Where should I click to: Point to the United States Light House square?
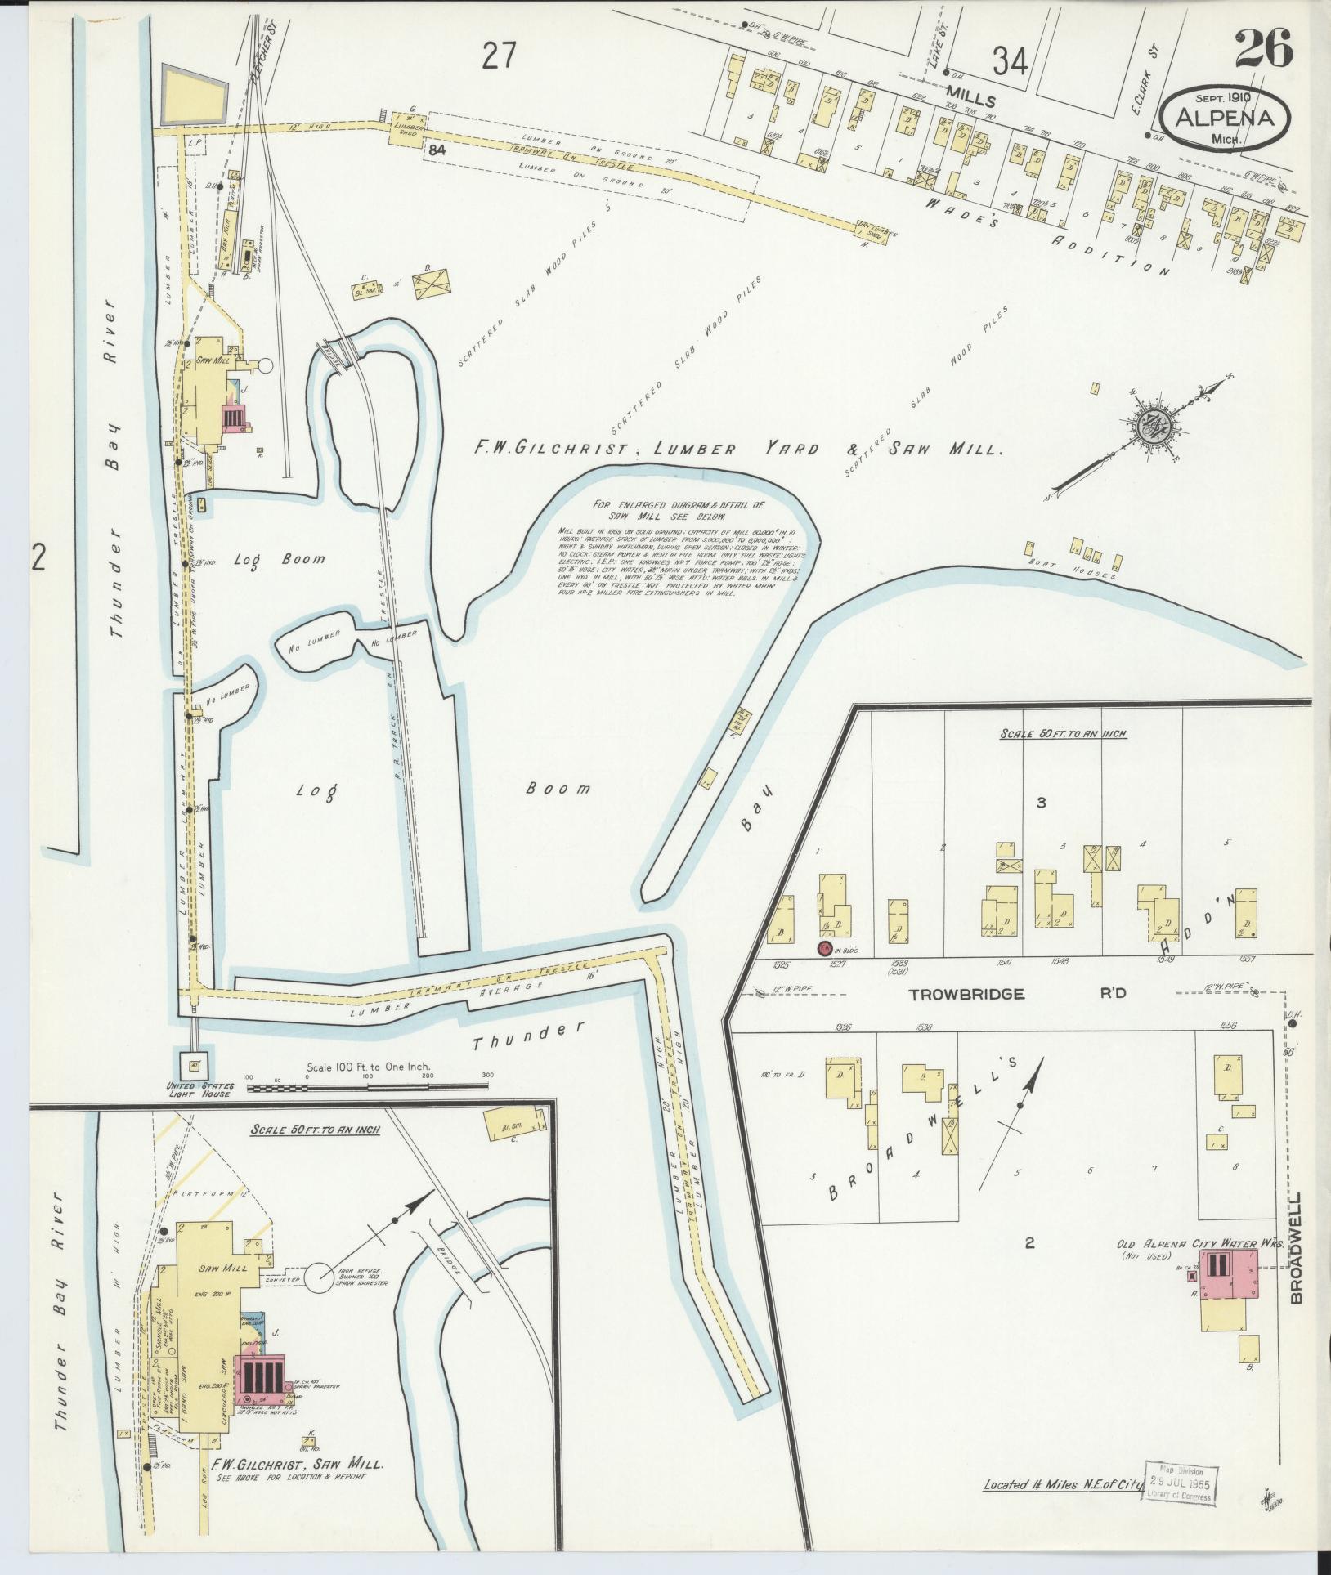[x=194, y=1065]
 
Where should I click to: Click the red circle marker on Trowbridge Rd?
[x=825, y=949]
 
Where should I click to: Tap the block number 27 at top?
[x=500, y=56]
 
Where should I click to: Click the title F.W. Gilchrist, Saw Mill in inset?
[x=295, y=1465]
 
